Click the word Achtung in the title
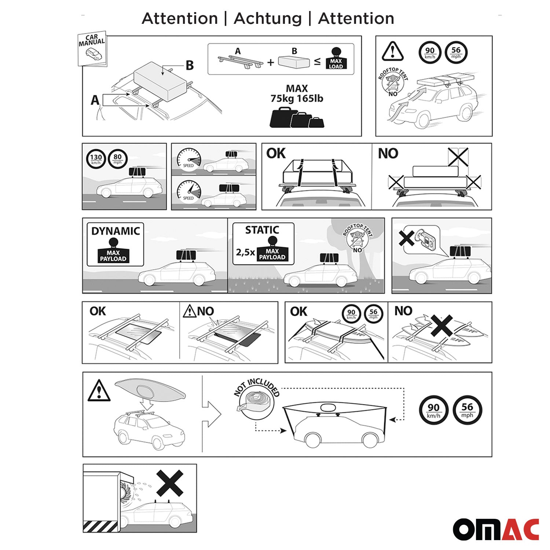(x=267, y=18)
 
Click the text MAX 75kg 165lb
(x=297, y=93)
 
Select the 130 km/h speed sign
(x=96, y=159)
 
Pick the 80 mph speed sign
(x=117, y=159)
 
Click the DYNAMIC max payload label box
(x=115, y=244)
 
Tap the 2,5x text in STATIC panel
(x=245, y=252)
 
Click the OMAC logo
(x=496, y=529)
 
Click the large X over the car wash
(x=170, y=483)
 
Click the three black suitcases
(x=297, y=118)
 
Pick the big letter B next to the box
(x=189, y=65)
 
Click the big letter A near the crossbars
(x=95, y=100)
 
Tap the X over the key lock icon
(x=407, y=239)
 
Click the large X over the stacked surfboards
(x=441, y=326)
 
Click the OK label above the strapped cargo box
(x=276, y=153)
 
